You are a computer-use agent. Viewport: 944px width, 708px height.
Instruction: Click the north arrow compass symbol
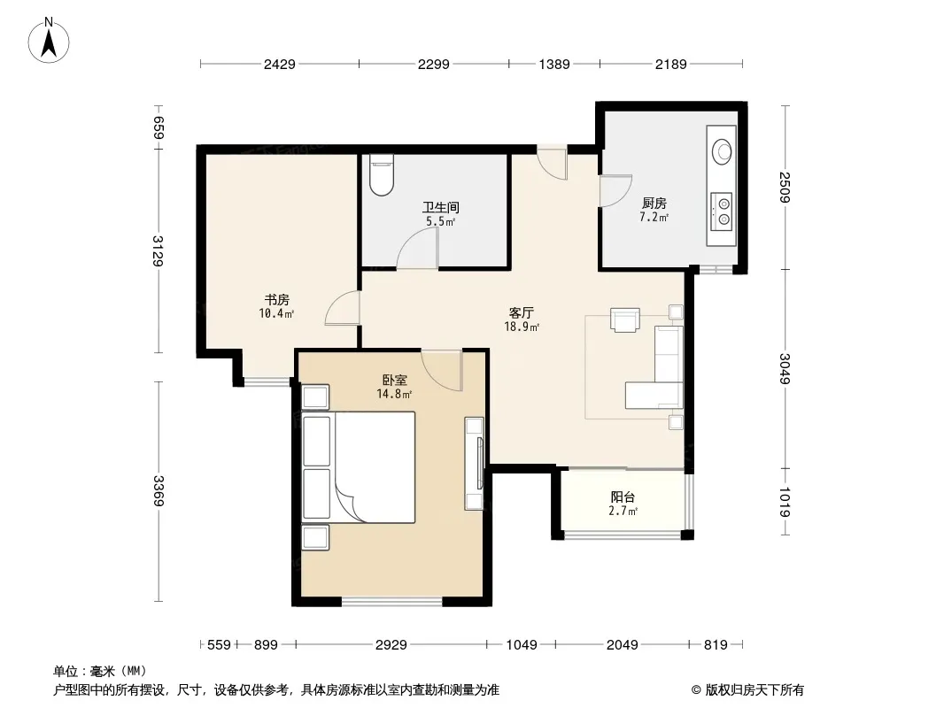click(x=48, y=41)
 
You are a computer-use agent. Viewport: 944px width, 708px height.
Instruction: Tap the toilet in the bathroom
click(x=381, y=174)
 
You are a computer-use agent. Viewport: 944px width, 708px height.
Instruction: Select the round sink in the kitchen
click(x=721, y=151)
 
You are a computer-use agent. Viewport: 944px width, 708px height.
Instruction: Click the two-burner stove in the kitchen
click(x=721, y=212)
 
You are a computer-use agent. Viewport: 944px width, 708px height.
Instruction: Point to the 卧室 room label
click(x=395, y=381)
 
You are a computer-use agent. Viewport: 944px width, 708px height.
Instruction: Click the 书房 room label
click(x=277, y=299)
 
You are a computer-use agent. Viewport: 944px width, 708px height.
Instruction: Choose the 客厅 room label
click(x=522, y=312)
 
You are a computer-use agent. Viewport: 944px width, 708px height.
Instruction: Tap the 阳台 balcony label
click(x=623, y=497)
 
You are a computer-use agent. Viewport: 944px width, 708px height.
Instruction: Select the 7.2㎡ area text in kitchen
click(x=654, y=217)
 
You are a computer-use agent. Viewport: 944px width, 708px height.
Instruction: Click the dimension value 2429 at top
click(x=279, y=64)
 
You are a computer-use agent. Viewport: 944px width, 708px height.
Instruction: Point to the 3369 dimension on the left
click(x=159, y=491)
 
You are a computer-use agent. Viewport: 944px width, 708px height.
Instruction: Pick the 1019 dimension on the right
click(x=785, y=502)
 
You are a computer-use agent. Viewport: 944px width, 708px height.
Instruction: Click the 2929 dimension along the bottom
click(x=391, y=645)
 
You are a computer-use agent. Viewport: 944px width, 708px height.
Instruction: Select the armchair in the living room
click(x=625, y=319)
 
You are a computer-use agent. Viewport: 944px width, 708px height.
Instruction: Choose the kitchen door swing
click(x=615, y=191)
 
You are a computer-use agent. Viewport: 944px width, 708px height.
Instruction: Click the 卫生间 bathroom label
click(x=441, y=207)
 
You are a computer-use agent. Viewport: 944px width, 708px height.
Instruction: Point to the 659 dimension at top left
click(x=159, y=127)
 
